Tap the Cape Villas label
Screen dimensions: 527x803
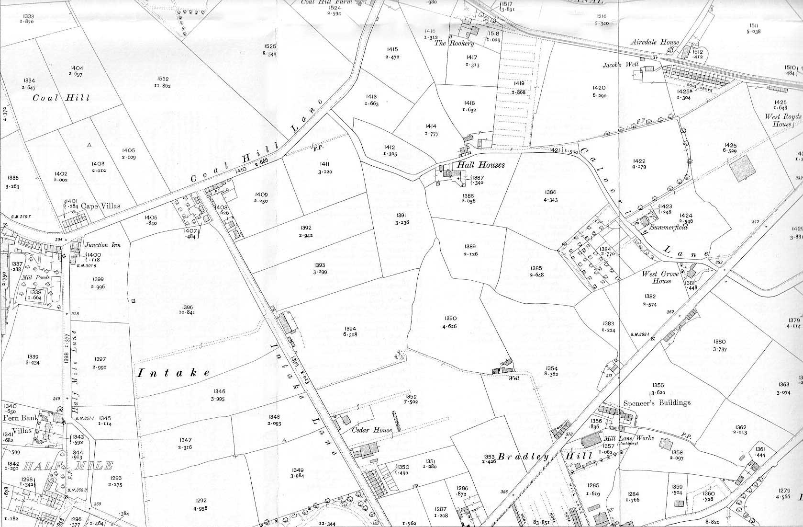coord(100,206)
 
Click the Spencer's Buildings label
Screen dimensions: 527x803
coord(657,403)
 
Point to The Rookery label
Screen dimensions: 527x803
coord(454,43)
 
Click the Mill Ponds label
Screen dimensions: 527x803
coord(35,277)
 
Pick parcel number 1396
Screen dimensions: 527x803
coord(188,307)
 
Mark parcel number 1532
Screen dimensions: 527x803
coord(163,79)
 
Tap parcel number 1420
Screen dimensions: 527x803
coord(599,88)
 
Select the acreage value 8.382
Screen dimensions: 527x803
coord(551,374)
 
